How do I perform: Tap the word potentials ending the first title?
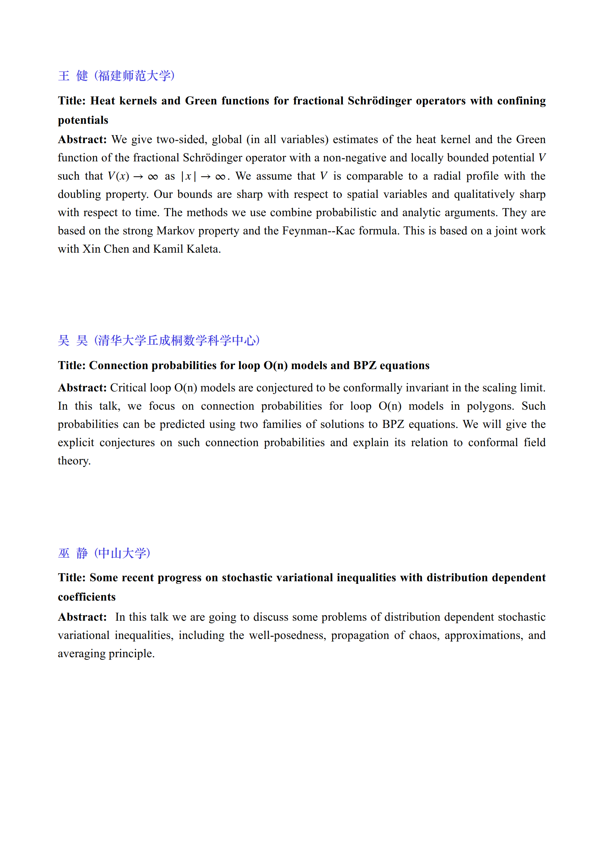[x=83, y=120]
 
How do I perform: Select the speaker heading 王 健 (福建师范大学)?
[x=116, y=76]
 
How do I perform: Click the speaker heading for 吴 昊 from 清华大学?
[x=159, y=340]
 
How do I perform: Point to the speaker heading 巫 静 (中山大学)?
[x=104, y=553]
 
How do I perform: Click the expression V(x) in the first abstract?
[x=119, y=176]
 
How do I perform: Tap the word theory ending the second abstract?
[x=74, y=461]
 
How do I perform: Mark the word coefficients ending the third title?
[x=86, y=597]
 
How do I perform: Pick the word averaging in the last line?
[x=81, y=654]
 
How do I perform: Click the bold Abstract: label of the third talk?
[x=82, y=617]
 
